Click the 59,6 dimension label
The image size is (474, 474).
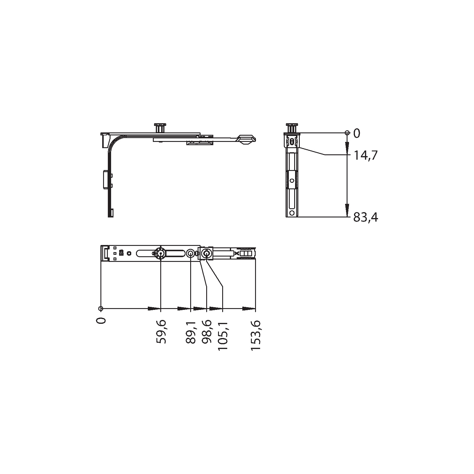click(x=161, y=332)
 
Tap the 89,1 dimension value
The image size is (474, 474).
click(x=191, y=332)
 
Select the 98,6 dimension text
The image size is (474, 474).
click(x=206, y=332)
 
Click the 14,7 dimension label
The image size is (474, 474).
click(x=366, y=155)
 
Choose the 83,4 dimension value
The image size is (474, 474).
click(x=366, y=218)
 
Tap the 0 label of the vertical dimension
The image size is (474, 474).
click(x=357, y=134)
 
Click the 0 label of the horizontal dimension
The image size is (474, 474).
click(x=101, y=320)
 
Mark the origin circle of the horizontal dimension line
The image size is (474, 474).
click(x=101, y=309)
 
